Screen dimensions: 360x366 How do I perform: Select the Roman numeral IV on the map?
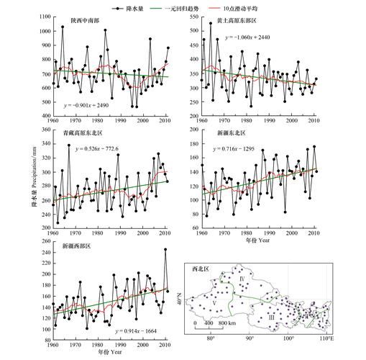point(242,277)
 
